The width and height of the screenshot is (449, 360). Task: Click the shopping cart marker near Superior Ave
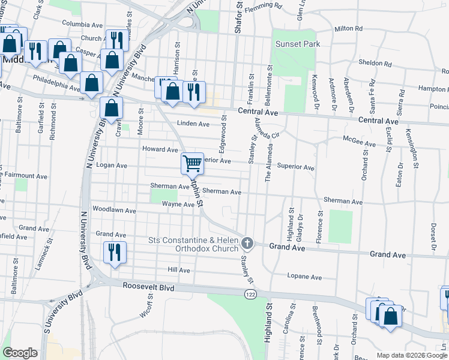(x=192, y=162)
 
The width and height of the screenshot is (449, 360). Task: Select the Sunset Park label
(x=298, y=44)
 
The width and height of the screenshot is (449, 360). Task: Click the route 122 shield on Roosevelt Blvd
(x=249, y=294)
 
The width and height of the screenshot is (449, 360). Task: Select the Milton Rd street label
(x=348, y=28)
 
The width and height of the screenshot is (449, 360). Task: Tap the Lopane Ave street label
(x=304, y=277)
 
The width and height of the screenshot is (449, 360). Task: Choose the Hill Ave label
(x=179, y=271)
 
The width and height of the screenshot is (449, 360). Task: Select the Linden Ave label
(x=193, y=124)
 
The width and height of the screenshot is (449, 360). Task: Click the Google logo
(x=20, y=352)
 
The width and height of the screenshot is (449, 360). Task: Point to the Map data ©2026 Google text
(x=411, y=355)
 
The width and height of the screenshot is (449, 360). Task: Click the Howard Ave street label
(x=160, y=149)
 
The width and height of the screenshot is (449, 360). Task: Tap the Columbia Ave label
(x=79, y=24)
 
